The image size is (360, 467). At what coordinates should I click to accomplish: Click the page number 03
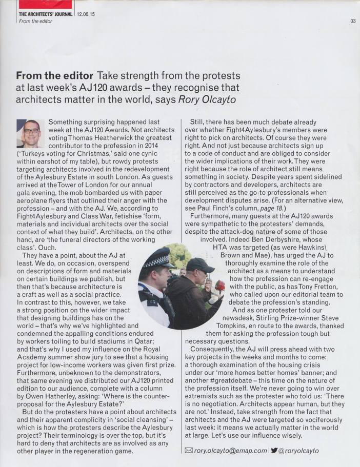353,21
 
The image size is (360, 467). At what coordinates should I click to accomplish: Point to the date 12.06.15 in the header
86,14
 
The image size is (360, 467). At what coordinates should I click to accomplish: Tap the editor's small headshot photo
31,133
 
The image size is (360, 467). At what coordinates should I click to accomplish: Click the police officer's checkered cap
157,258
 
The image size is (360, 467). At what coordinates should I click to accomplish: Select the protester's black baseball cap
199,265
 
